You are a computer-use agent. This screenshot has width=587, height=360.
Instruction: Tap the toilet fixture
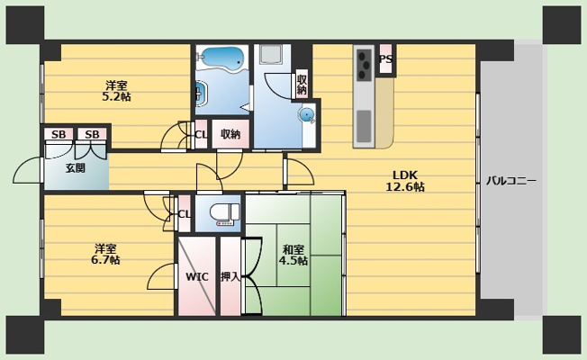(224, 212)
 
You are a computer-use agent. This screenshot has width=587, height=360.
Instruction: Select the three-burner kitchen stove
(364, 66)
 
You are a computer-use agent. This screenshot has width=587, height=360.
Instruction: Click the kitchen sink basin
(364, 126)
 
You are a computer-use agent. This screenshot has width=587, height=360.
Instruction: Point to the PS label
(386, 59)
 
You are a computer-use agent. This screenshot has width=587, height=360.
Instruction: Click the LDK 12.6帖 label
(405, 181)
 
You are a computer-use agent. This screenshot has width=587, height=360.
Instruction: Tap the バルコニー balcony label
(511, 181)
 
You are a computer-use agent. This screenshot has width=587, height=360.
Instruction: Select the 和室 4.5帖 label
(293, 255)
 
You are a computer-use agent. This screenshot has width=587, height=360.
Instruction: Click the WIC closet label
(197, 277)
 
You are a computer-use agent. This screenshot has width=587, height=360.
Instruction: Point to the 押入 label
(230, 277)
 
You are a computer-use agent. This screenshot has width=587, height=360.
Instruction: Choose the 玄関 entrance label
(76, 168)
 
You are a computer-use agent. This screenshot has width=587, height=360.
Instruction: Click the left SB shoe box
(59, 134)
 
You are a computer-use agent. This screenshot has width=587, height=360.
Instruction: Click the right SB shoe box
(92, 134)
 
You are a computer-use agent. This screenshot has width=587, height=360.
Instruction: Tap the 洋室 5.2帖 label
(116, 91)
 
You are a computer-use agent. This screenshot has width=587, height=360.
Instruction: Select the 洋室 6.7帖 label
(105, 254)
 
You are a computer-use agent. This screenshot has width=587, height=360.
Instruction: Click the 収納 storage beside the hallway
(230, 134)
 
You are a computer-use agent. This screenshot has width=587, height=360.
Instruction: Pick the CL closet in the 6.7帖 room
(184, 214)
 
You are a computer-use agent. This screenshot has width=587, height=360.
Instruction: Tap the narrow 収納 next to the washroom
(302, 85)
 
